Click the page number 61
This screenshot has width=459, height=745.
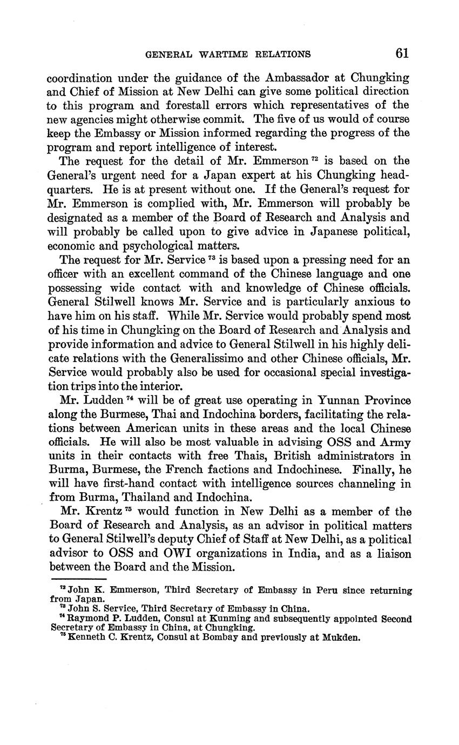coord(402,53)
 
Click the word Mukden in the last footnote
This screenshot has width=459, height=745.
coord(341,637)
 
